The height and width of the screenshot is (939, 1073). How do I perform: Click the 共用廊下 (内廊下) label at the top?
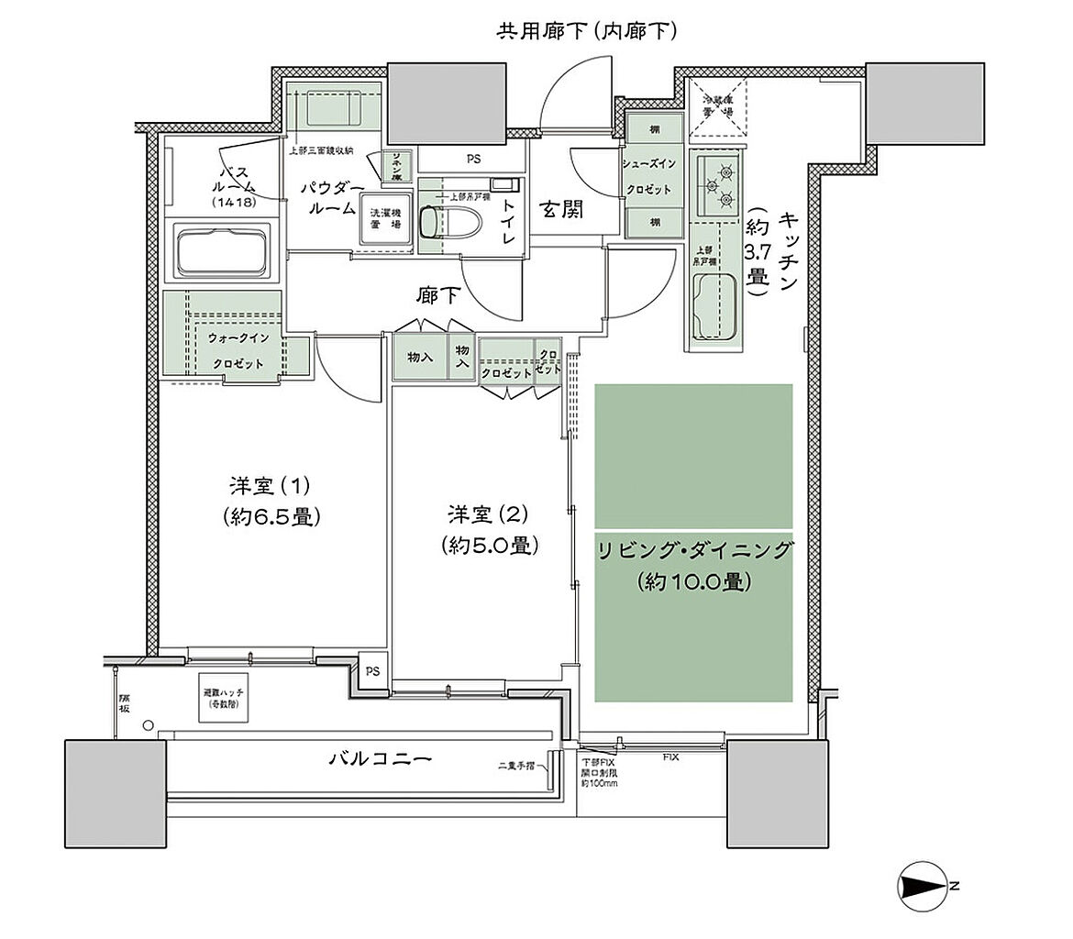(x=587, y=32)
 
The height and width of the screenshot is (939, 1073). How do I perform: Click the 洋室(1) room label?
(x=271, y=484)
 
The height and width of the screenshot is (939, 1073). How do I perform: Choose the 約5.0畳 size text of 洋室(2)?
(x=488, y=545)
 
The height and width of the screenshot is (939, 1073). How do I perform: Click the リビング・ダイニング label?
(x=693, y=551)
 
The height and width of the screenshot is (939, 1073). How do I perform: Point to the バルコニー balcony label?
(x=381, y=759)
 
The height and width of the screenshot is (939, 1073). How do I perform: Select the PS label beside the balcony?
(x=373, y=671)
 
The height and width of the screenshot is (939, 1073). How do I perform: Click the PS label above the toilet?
(x=473, y=159)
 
